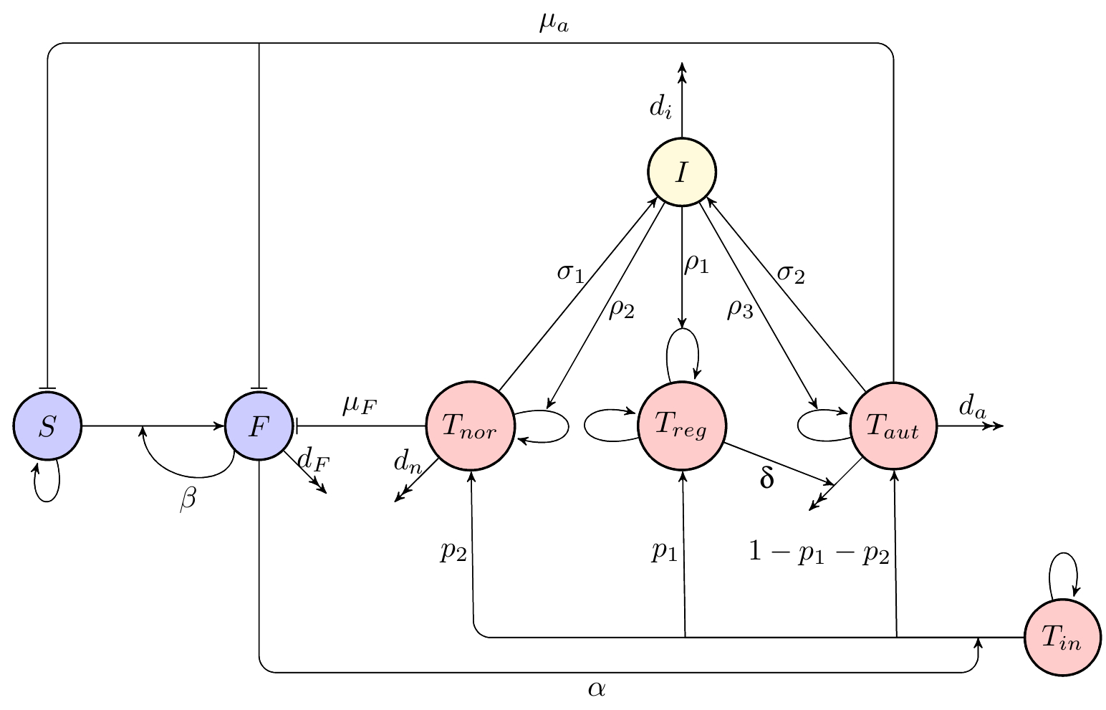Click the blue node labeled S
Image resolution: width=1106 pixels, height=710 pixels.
coord(47,426)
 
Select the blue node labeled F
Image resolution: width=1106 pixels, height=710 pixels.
coord(259,426)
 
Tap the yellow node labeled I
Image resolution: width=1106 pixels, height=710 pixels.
coord(681,173)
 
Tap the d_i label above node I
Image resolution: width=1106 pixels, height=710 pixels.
coord(660,107)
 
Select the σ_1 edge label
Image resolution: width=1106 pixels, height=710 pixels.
coord(571,273)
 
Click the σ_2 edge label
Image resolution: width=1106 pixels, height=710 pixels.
coord(791,273)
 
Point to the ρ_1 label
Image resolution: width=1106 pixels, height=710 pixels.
coord(696,264)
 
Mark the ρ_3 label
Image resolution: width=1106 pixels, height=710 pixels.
coord(740,309)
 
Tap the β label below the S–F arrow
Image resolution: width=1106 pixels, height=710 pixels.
coord(187,500)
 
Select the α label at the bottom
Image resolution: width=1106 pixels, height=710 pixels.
coord(597,689)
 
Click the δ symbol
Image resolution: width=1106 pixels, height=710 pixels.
coord(766,478)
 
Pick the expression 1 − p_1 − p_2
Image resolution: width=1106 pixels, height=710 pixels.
coord(819,554)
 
